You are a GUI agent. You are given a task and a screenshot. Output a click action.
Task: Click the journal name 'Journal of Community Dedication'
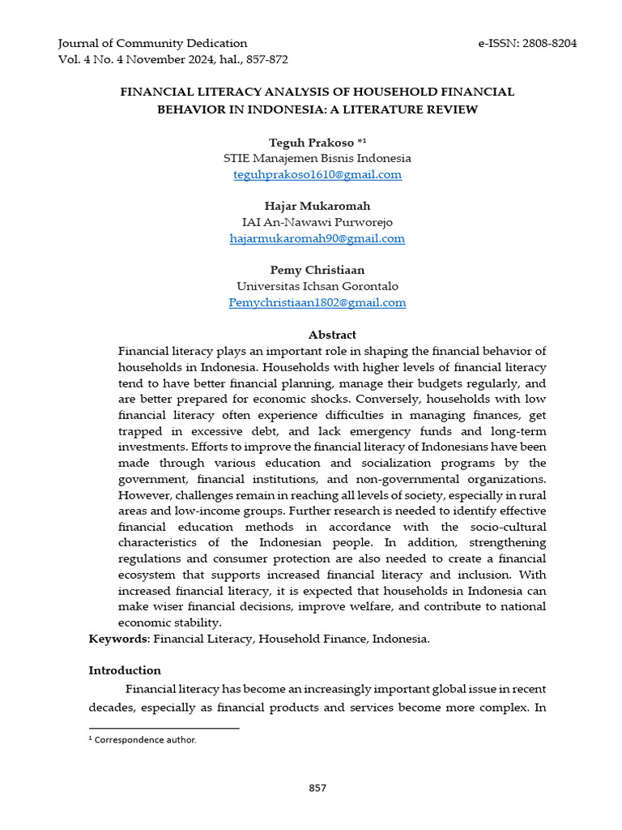tap(153, 43)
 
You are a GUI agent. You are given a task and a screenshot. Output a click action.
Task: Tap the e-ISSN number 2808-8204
tap(548, 43)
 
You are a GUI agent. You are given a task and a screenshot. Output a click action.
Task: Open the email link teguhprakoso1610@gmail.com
tap(317, 174)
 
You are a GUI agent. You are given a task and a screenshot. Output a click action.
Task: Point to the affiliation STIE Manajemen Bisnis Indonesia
tap(317, 158)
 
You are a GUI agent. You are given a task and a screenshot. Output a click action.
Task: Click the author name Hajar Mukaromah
tap(317, 206)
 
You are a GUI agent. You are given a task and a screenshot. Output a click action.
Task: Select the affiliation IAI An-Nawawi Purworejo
tap(317, 222)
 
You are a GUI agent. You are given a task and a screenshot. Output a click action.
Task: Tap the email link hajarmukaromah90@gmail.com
tap(317, 238)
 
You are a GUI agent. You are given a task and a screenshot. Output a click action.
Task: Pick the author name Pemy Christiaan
tap(317, 270)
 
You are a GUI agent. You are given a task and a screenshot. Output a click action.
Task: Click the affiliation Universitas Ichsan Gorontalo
tap(317, 286)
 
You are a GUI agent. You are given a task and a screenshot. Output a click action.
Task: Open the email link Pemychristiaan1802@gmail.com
tap(317, 302)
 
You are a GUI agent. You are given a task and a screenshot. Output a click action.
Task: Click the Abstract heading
tap(332, 335)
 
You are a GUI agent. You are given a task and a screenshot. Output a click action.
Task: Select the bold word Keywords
tap(118, 639)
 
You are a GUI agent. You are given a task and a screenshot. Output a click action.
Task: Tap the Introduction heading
tap(125, 670)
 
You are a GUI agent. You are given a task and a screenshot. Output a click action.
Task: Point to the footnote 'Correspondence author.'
tap(145, 739)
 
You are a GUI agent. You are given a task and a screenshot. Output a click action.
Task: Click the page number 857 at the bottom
tap(317, 788)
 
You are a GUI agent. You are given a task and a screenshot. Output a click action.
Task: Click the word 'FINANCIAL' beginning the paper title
tap(155, 92)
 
